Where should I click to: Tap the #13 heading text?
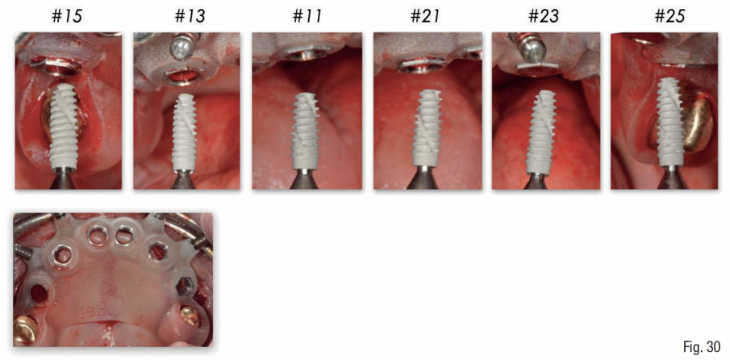tap(190, 17)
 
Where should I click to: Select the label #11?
tap(307, 17)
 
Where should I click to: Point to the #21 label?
tap(425, 17)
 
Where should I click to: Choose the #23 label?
tap(544, 17)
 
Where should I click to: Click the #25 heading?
tap(670, 17)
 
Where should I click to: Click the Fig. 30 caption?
tap(702, 346)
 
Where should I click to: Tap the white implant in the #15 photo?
tap(65, 126)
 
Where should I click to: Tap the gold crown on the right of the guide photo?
tap(191, 316)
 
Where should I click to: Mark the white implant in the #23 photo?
tap(543, 130)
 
